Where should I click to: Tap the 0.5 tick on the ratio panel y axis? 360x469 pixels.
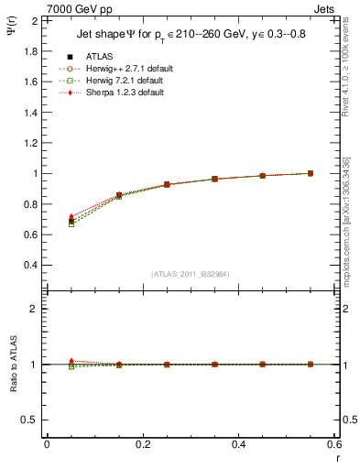31,420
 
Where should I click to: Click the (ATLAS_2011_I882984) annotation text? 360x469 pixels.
190,274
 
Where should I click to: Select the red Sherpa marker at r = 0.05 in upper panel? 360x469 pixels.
47,217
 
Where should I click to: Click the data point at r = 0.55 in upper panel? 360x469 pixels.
311,173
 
